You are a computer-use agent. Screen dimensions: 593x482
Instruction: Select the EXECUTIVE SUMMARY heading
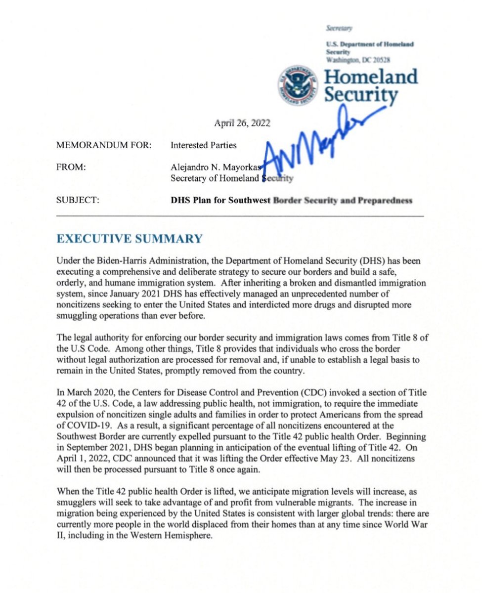[130, 239]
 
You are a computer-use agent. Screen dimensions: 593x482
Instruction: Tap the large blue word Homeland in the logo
[371, 77]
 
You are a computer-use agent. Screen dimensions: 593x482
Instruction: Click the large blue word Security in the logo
[361, 95]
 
